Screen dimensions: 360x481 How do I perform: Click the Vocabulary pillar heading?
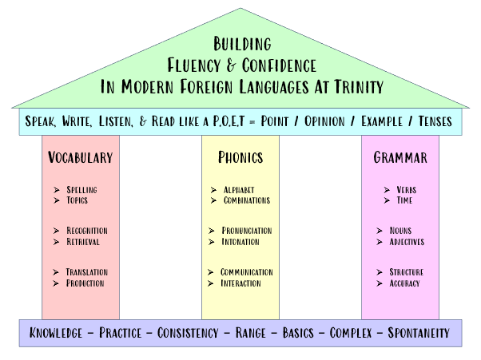[80, 157]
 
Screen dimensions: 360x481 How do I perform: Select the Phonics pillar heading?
[240, 157]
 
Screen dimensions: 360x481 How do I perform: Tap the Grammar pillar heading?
[400, 157]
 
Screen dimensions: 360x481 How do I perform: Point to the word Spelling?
[83, 190]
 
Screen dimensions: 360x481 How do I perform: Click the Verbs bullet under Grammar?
[405, 190]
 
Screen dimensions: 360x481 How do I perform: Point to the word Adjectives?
[407, 242]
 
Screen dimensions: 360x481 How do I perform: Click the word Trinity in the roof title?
[353, 85]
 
